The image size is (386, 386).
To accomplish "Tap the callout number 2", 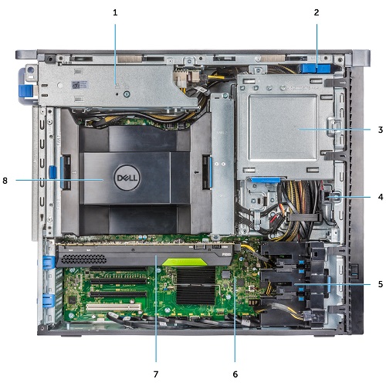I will [x=317, y=12].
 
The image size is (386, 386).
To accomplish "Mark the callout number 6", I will [x=236, y=374].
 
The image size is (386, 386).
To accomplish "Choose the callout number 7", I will [x=157, y=374].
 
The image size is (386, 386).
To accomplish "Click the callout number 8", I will [x=6, y=181].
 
